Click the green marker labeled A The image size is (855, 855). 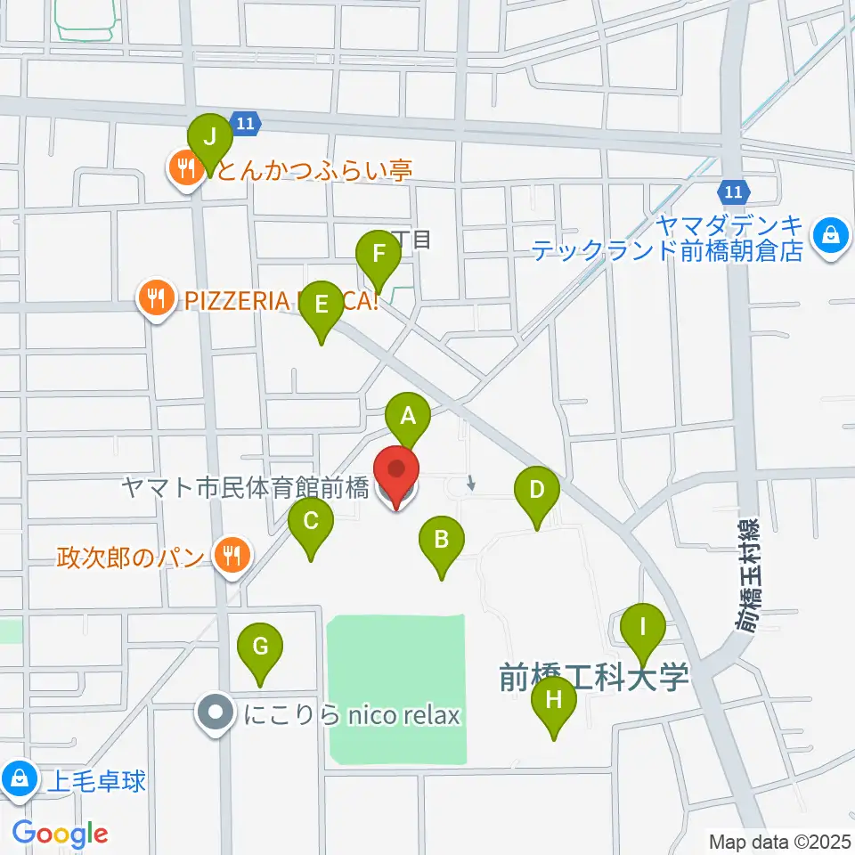[408, 417]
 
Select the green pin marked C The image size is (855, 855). [310, 521]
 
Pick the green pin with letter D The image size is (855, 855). [537, 490]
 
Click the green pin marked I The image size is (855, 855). [643, 626]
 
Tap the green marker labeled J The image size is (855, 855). [210, 138]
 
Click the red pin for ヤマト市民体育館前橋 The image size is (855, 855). [395, 476]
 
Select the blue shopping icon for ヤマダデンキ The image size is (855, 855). [831, 236]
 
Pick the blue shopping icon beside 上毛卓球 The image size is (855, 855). [19, 779]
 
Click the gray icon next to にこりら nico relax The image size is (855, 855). [216, 713]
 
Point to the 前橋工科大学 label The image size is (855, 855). [594, 679]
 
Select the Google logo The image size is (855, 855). [61, 834]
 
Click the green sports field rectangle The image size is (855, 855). [396, 689]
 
